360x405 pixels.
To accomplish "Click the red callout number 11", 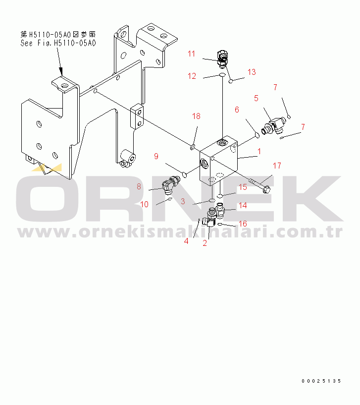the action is coord(191,54).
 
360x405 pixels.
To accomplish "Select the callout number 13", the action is coord(252,72).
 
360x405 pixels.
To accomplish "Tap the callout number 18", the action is coord(196,116).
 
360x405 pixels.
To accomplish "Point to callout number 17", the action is coord(277,166).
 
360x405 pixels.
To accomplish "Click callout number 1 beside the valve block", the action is coord(259,151).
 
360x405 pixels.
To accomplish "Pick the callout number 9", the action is coord(156,156).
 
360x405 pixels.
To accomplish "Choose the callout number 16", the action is coord(243,224).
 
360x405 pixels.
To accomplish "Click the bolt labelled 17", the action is coord(259,185).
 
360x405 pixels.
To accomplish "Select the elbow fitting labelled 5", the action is coord(273,125).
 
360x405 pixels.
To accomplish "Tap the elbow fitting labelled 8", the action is coord(170,184).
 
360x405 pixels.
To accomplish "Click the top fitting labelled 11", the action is coord(222,59).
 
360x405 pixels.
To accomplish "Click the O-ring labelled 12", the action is coord(222,75).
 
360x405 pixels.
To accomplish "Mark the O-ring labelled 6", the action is coord(257,135).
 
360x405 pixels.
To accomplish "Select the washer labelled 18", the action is coord(193,148).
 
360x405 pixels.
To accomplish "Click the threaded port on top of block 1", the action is coord(222,142).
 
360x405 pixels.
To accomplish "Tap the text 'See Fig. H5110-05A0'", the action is coord(58,43).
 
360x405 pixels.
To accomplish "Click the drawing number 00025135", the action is coord(321,381).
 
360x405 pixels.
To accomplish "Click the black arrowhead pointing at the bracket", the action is coord(61,71).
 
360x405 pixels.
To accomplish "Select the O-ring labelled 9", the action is coord(185,175).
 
